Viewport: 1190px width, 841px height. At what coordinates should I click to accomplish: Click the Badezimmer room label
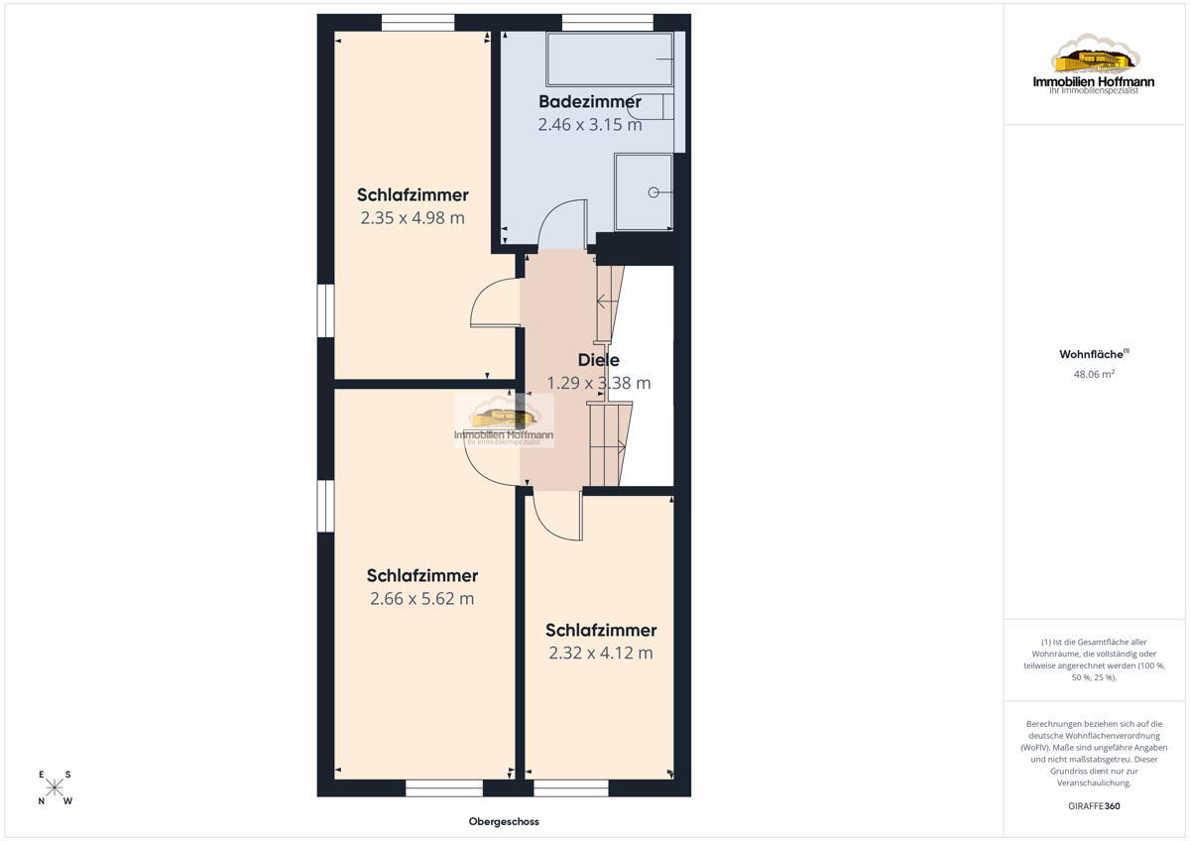[x=590, y=101]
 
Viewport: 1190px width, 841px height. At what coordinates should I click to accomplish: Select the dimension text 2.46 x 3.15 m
[x=590, y=124]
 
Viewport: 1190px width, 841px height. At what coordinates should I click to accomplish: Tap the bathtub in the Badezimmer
[x=610, y=59]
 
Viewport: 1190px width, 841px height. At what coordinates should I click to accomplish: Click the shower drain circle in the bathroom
[x=654, y=192]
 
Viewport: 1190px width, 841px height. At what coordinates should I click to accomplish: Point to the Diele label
[x=599, y=360]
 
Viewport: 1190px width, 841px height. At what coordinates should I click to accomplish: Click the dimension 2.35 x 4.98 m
[x=413, y=218]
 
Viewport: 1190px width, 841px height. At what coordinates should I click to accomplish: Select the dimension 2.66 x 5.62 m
[x=422, y=599]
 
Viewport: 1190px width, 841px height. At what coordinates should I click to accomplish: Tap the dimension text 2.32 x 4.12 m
[x=601, y=653]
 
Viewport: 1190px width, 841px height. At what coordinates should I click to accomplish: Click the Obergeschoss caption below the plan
[x=504, y=821]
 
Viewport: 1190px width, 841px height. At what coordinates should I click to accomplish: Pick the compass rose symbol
[x=55, y=787]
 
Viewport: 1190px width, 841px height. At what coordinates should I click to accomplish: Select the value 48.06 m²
[x=1094, y=374]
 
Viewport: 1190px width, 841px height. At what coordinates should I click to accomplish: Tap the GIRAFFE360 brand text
[x=1094, y=806]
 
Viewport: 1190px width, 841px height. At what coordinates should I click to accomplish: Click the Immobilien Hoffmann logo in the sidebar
[x=1094, y=63]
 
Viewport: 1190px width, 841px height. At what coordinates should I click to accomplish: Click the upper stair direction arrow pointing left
[x=607, y=301]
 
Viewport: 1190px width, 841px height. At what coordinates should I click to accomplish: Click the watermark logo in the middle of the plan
[x=504, y=420]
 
